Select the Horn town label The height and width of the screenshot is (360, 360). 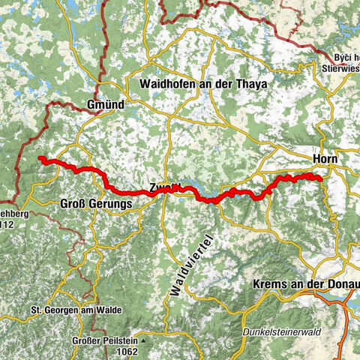coord(325,159)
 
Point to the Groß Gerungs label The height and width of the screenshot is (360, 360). coord(94,203)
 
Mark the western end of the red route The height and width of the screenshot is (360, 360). coord(40,158)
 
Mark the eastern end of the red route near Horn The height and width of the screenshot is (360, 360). coord(320,178)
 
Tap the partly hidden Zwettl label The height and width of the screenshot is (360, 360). coord(162,188)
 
